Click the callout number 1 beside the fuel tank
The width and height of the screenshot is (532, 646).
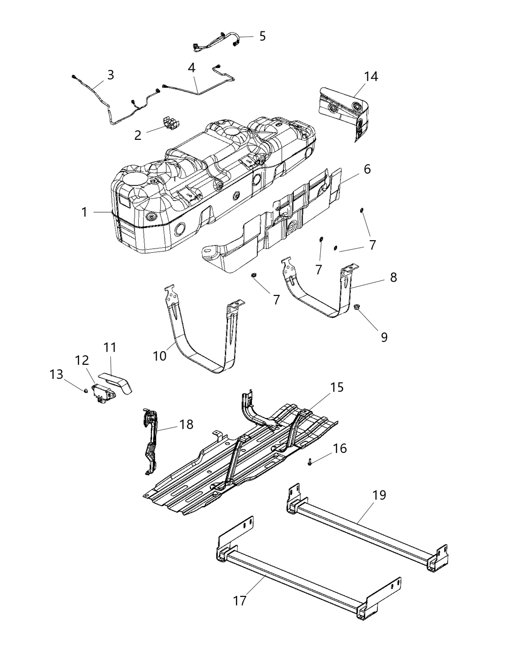click(x=85, y=212)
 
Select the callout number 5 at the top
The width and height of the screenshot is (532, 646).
click(x=262, y=36)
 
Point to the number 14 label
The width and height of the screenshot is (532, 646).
click(x=370, y=77)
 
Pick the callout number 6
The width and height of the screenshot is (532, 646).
click(x=367, y=169)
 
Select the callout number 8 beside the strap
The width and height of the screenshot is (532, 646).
click(x=393, y=277)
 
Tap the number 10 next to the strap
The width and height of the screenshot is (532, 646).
click(x=159, y=356)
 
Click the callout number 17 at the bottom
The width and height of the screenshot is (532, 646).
click(x=239, y=601)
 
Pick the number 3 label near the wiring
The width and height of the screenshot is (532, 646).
click(x=110, y=75)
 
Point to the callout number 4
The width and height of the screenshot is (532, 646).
click(x=191, y=67)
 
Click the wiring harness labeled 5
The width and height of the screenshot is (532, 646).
click(x=218, y=41)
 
